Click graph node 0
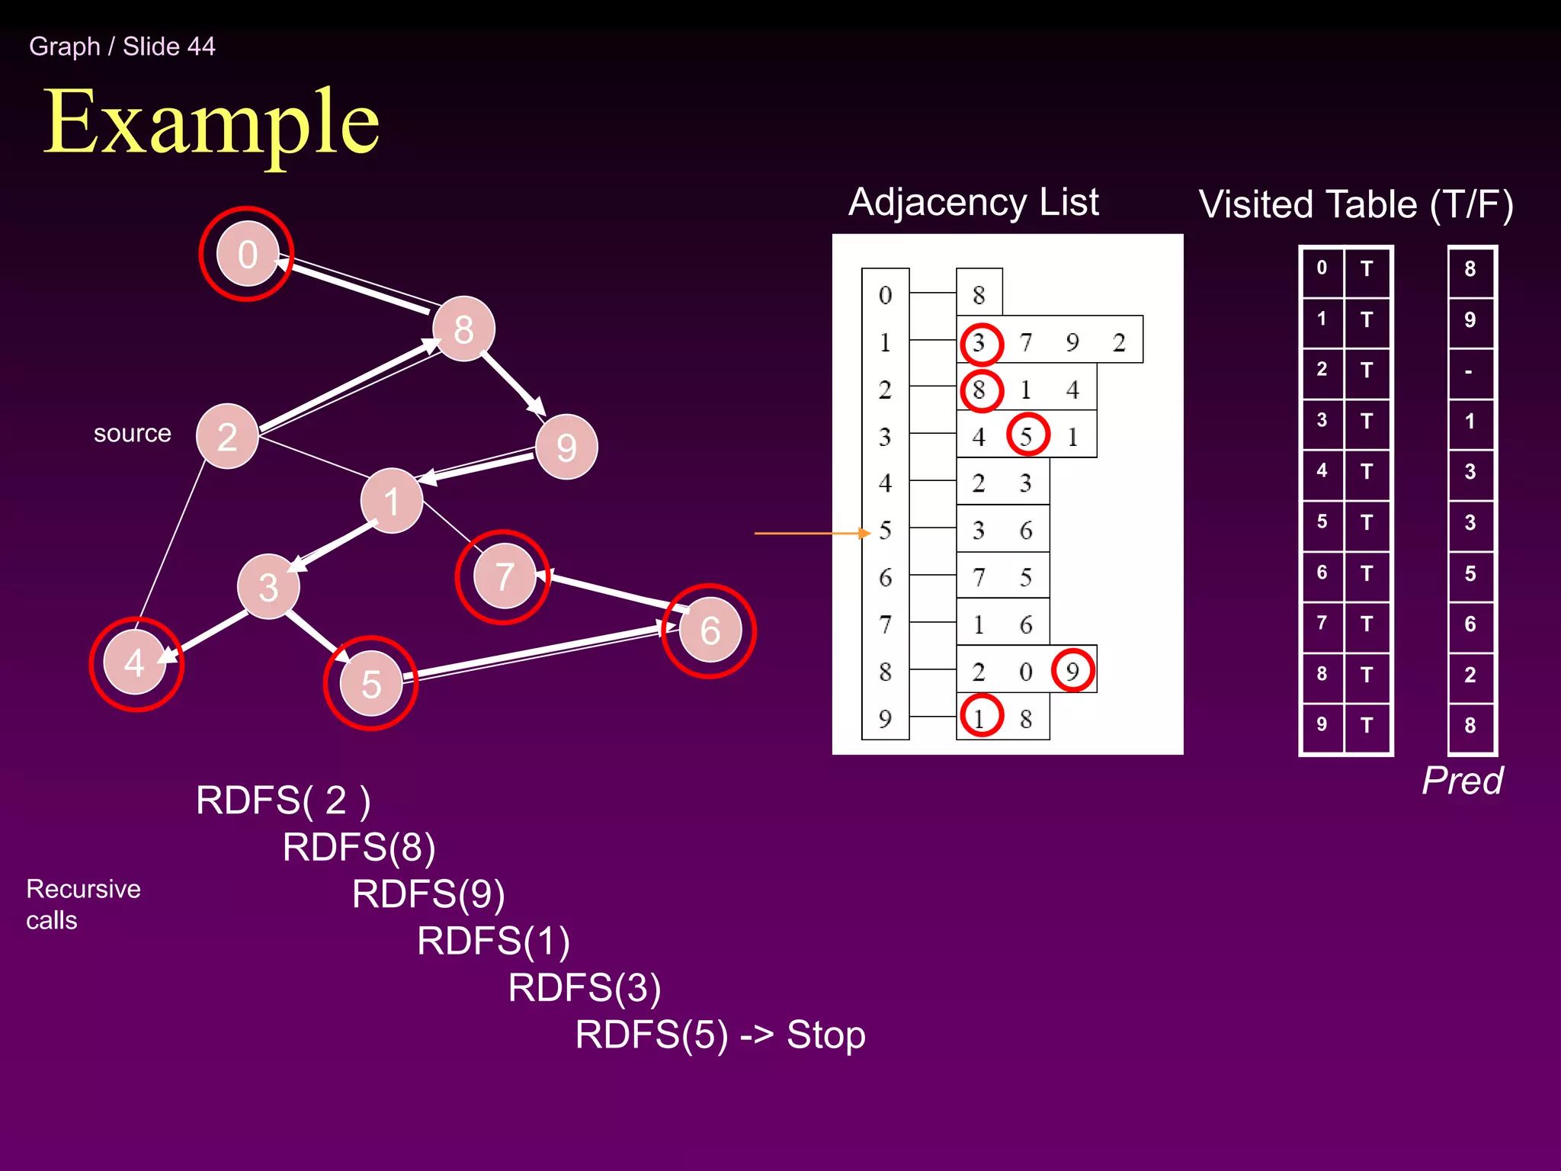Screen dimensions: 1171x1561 [247, 254]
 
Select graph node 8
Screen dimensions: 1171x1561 [463, 329]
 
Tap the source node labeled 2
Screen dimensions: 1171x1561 [227, 436]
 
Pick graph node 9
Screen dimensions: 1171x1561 [566, 447]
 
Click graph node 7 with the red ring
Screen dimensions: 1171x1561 [503, 576]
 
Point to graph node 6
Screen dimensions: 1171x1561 [710, 630]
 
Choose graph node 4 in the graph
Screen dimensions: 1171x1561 [135, 662]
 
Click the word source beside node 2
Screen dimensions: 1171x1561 [132, 433]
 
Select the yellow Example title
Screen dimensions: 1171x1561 [211, 122]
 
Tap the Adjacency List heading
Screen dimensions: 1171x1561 [973, 202]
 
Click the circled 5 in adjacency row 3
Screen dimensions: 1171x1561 [1027, 435]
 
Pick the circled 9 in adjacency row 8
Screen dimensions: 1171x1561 [1072, 670]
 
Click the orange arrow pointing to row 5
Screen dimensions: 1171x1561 [811, 533]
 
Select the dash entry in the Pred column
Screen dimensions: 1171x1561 [1469, 371]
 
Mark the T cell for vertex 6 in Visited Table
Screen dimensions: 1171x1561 [1367, 573]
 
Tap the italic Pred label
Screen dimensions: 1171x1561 [1462, 781]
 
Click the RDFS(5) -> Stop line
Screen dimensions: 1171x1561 [720, 1035]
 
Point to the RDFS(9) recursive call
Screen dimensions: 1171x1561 [428, 894]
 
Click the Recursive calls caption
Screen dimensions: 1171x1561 [82, 904]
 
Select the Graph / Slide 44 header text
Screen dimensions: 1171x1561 [122, 47]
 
